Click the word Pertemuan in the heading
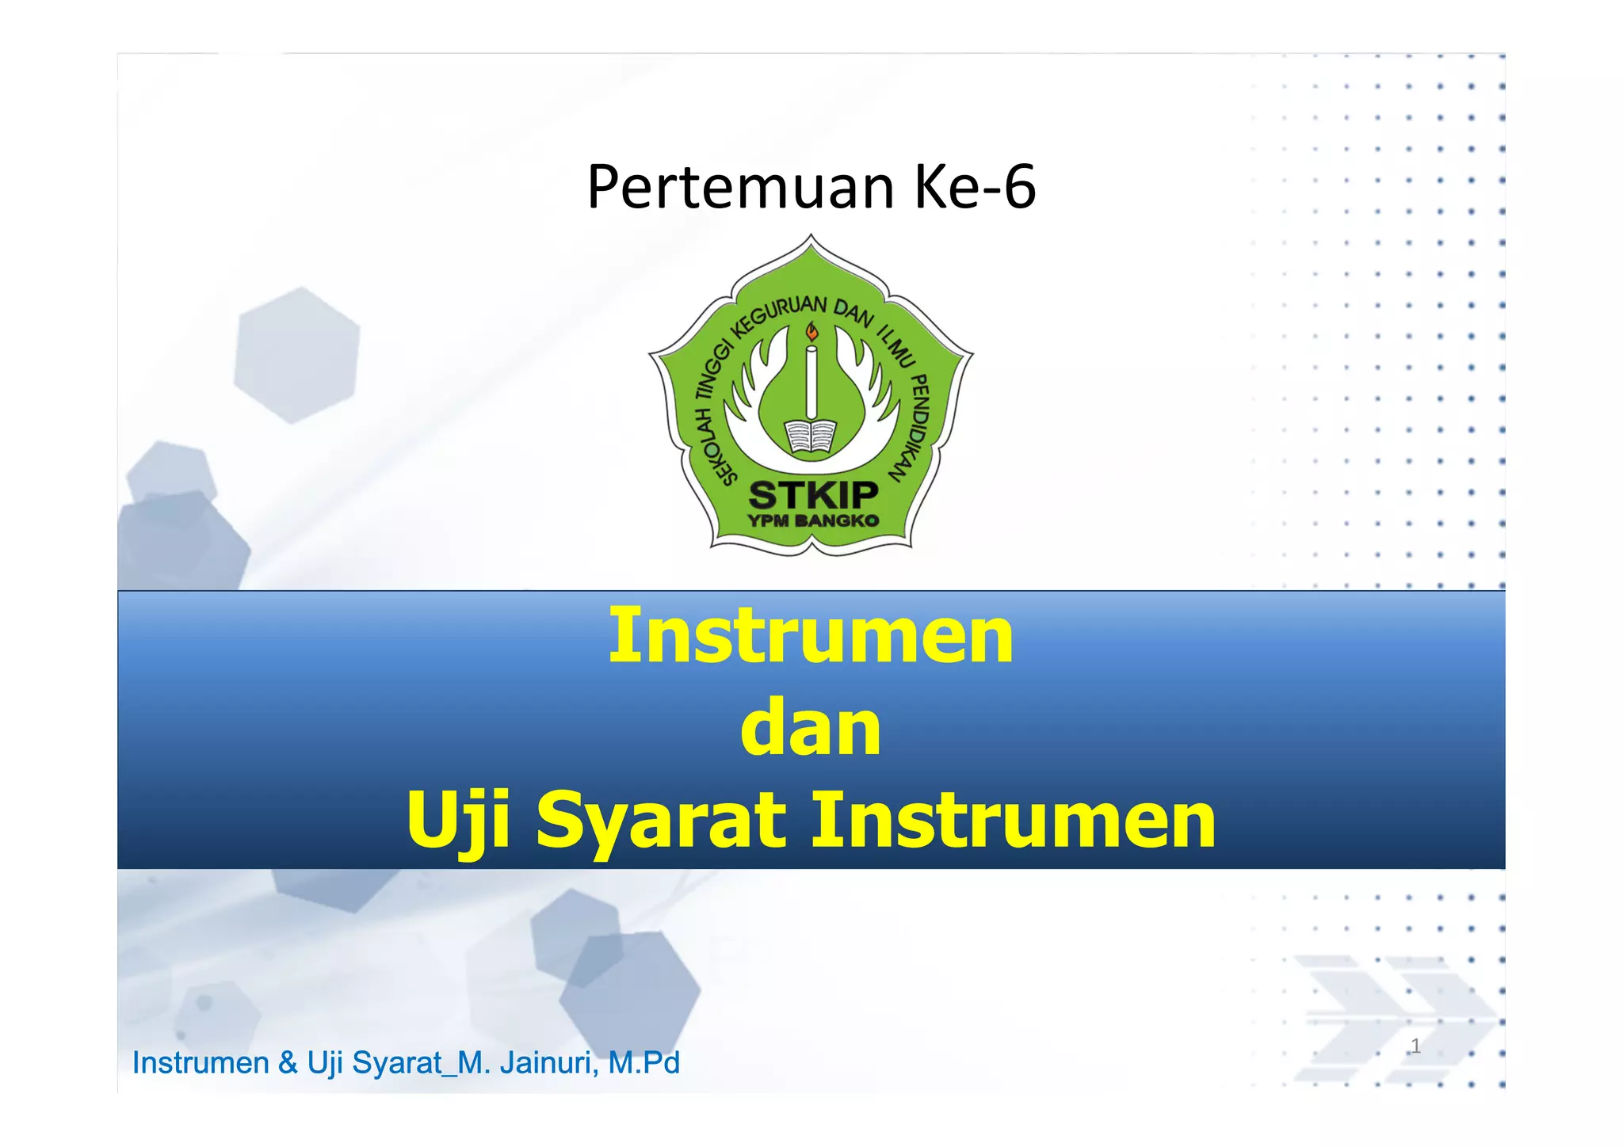point(741,188)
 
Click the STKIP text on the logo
point(813,496)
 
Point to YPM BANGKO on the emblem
point(813,521)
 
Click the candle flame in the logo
point(811,332)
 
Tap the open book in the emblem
point(811,436)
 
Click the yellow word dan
point(810,729)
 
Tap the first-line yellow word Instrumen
point(811,636)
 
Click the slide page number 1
point(1416,1046)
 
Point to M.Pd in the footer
point(643,1063)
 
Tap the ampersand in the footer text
point(288,1063)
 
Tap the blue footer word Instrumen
point(200,1063)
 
